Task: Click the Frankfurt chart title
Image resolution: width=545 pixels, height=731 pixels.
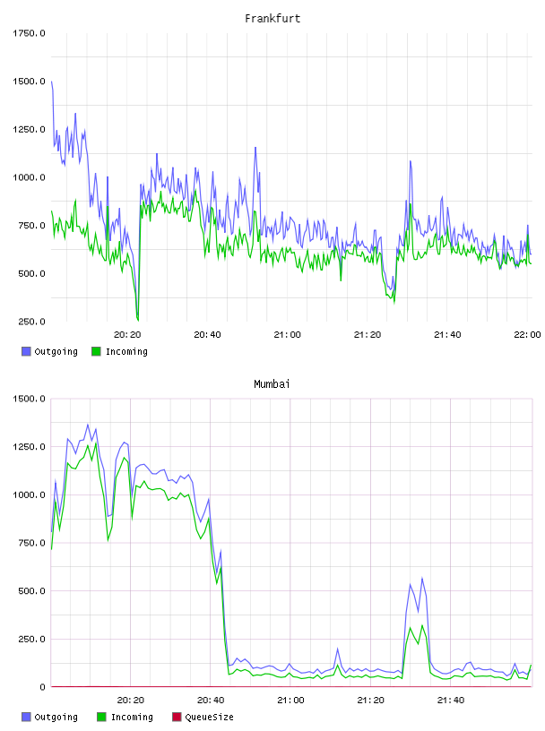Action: click(x=272, y=19)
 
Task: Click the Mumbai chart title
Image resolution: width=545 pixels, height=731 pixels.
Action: click(x=272, y=384)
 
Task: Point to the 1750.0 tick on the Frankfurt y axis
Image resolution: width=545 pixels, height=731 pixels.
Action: click(x=29, y=33)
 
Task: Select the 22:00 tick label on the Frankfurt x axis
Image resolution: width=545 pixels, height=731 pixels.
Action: click(x=527, y=335)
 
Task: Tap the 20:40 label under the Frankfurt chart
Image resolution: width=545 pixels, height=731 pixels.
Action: click(x=207, y=335)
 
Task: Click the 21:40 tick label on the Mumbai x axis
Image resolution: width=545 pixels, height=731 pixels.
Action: click(x=451, y=701)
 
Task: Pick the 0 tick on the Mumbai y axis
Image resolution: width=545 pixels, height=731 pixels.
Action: click(x=42, y=687)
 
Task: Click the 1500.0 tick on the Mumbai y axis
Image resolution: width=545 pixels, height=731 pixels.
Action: click(x=29, y=399)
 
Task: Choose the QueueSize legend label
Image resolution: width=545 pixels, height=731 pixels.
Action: click(x=209, y=717)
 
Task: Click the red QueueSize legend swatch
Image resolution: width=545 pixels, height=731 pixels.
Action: click(x=177, y=717)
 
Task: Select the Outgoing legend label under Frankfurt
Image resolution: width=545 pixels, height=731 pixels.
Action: click(x=56, y=351)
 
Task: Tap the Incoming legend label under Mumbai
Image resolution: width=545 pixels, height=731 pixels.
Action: click(x=132, y=717)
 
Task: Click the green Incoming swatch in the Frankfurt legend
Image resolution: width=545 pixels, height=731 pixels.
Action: click(x=96, y=351)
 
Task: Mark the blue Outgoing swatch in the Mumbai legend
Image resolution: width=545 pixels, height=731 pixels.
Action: click(x=26, y=717)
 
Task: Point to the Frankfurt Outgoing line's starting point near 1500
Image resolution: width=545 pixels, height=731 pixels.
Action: click(x=51, y=82)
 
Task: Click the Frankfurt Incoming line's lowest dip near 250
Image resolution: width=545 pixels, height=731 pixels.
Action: click(x=138, y=320)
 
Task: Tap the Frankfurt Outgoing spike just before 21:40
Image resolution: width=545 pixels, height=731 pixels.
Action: click(x=411, y=161)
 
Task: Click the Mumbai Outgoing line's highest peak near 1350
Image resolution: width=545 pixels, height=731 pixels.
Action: click(x=87, y=425)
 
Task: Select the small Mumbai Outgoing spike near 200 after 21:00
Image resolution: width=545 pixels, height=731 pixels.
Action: click(x=337, y=649)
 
